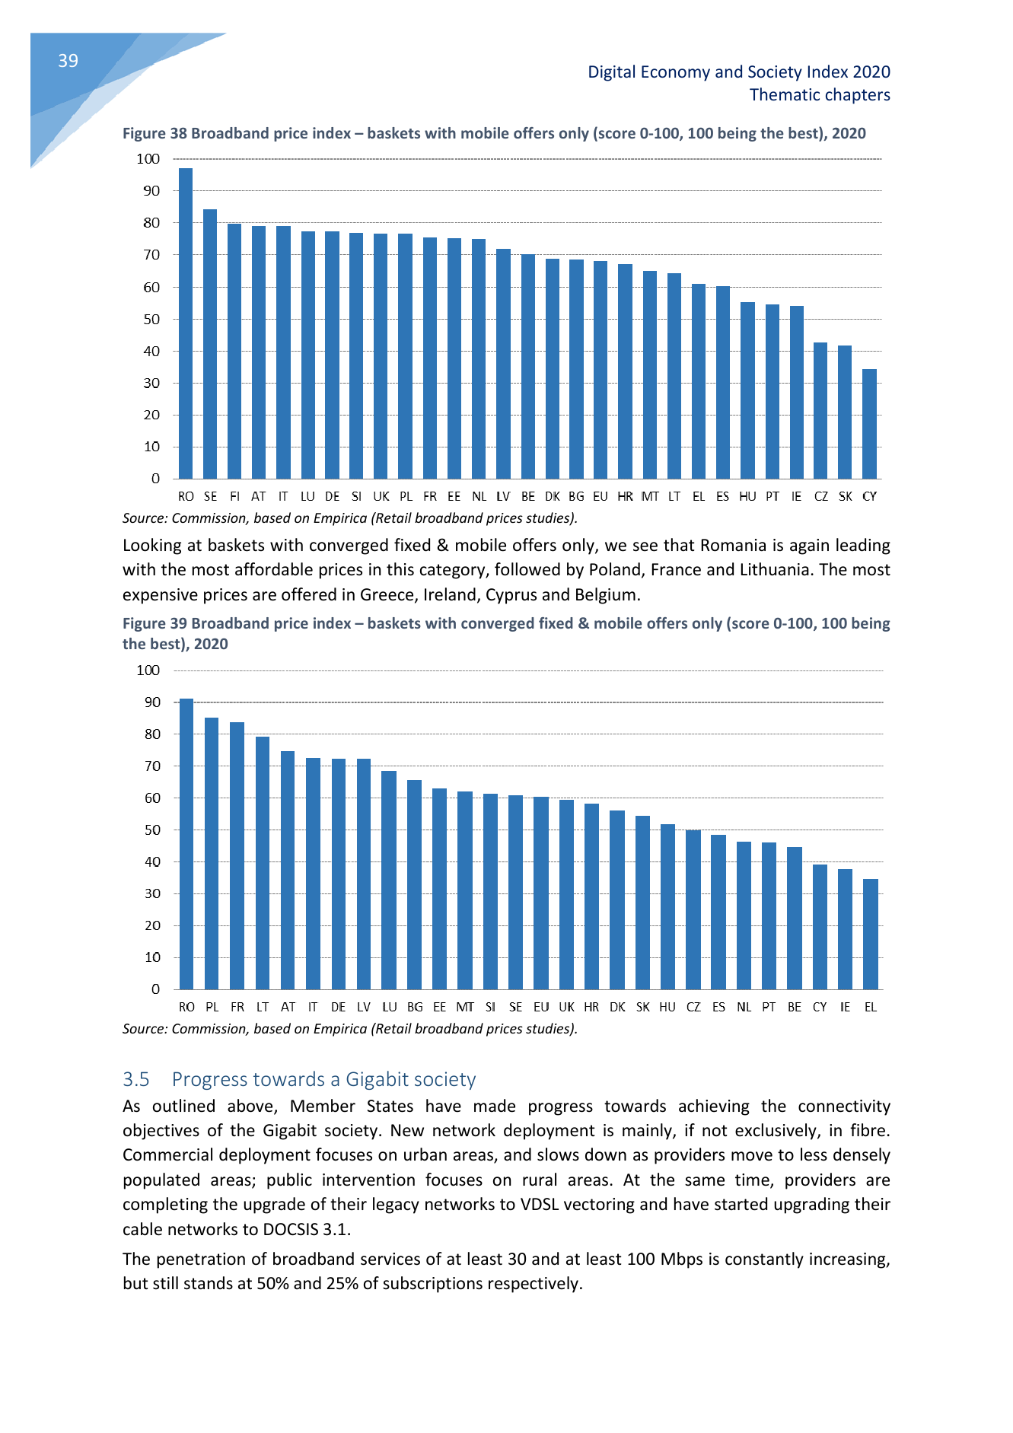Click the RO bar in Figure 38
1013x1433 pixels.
pos(186,323)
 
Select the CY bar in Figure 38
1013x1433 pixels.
pos(869,424)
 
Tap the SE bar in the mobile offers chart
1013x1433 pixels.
pos(210,344)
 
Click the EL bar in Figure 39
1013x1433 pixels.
pos(871,935)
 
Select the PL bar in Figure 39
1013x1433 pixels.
pos(212,854)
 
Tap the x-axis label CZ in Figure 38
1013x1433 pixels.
pos(820,496)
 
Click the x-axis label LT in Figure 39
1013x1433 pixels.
pos(263,1007)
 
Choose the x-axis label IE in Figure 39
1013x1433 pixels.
pos(845,1007)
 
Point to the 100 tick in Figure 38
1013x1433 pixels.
pos(148,159)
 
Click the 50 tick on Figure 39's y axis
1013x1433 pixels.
pos(152,830)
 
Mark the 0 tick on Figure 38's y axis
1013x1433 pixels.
pos(156,479)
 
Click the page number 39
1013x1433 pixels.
pos(68,61)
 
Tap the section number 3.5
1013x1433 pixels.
pos(136,1079)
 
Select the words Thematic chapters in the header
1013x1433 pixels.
pos(820,95)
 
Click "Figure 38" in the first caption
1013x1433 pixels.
pos(154,133)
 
